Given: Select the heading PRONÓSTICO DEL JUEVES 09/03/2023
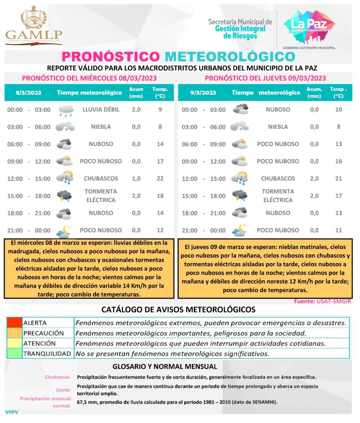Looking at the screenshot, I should (265, 78).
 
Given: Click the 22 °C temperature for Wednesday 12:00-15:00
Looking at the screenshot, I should (160, 178).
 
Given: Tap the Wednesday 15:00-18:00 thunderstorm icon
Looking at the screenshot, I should (65, 195).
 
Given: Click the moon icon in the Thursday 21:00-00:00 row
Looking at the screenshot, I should (239, 230).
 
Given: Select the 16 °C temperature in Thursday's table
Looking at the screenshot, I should (339, 161).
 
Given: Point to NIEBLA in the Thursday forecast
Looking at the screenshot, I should (278, 127).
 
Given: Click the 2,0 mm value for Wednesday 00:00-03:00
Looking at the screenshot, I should (136, 109).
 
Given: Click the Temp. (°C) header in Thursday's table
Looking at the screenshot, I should (338, 93).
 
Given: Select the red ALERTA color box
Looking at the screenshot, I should (14, 323).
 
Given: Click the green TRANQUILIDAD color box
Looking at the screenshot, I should (14, 354).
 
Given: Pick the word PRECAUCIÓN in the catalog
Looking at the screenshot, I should (43, 333).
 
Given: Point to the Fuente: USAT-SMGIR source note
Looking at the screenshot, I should (322, 301).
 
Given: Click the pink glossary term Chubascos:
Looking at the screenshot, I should (58, 377).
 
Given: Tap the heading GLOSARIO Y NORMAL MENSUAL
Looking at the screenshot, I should (165, 366).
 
